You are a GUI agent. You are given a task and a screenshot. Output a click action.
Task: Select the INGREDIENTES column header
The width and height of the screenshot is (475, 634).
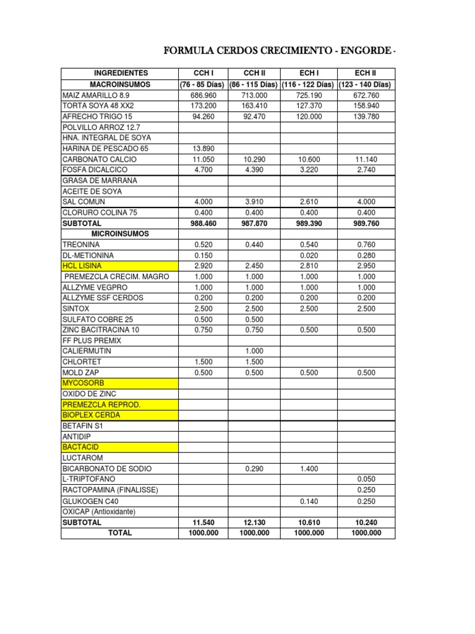point(119,74)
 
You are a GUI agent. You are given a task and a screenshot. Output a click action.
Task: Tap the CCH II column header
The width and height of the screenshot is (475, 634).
point(254,74)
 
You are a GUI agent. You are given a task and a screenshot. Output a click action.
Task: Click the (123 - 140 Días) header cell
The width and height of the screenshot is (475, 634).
point(366,84)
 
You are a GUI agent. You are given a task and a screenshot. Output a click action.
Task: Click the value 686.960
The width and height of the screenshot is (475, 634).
point(204,95)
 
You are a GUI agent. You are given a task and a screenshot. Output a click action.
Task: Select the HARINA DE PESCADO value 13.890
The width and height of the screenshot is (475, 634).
point(204,149)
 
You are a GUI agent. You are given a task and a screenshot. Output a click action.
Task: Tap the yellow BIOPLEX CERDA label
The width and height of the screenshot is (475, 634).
point(91,415)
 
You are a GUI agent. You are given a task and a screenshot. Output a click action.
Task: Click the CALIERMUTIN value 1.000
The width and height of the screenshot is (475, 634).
point(254,351)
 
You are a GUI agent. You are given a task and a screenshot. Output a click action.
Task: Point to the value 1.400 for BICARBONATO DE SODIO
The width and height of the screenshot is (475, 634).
point(309,469)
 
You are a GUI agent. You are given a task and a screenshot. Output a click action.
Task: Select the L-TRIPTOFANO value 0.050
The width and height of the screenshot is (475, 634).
point(366,479)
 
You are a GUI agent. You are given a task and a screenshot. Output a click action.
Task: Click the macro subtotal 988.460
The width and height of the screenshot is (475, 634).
point(204,223)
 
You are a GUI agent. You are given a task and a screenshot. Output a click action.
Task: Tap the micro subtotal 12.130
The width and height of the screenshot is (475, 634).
point(254,522)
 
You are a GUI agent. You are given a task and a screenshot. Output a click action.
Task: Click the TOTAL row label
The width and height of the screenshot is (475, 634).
point(119,532)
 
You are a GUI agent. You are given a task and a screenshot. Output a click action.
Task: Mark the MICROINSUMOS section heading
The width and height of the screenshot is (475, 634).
point(119,233)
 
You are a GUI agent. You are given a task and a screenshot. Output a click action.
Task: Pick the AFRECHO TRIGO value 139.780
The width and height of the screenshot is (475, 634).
point(366,116)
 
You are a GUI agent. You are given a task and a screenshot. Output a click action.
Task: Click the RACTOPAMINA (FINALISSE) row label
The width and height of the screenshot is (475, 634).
point(110,490)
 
